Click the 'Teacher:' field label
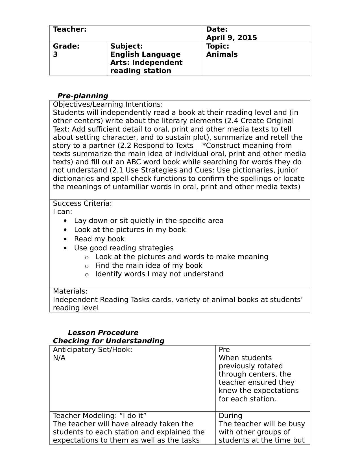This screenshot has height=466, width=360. point(69,29)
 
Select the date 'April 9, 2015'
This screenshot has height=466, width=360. point(231,38)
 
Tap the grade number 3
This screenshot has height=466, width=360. point(55,54)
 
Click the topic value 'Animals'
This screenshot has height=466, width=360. point(222,54)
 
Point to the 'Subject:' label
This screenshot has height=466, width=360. point(126,46)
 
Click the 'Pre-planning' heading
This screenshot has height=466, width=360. point(82,96)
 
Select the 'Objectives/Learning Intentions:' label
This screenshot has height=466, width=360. point(108,104)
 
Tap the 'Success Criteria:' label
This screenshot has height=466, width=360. point(82,204)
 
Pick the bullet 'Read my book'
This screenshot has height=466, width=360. point(99,239)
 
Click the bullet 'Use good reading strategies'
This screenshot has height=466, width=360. point(124,248)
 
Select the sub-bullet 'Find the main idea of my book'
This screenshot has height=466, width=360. point(149,266)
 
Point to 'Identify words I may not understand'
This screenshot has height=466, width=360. point(159,274)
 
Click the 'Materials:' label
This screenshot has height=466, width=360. point(70,291)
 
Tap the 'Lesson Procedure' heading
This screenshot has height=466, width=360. point(103,332)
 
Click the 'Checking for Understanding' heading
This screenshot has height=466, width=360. point(108,341)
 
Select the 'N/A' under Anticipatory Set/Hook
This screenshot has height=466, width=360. point(59,358)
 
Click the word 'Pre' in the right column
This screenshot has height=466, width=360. point(224,350)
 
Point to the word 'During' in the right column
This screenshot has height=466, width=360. point(230,416)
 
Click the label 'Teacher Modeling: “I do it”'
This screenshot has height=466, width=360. point(100,416)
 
